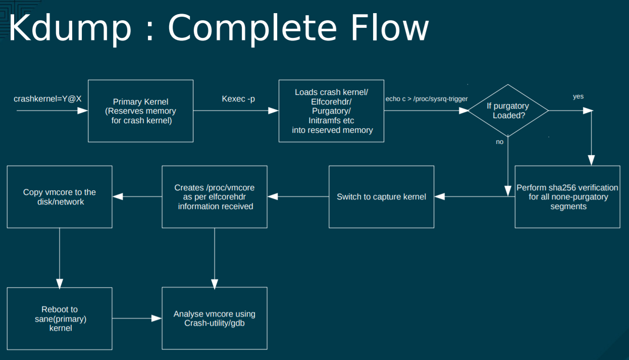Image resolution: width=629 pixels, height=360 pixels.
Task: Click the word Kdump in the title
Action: click(x=70, y=28)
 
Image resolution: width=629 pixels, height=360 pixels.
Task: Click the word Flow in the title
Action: click(x=390, y=28)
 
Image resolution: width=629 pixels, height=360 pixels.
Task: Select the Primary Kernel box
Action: click(x=141, y=111)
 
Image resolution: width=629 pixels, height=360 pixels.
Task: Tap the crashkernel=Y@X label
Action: click(x=47, y=99)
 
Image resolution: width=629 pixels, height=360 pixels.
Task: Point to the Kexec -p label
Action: click(x=238, y=99)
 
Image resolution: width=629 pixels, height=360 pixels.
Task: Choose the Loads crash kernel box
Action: click(x=331, y=111)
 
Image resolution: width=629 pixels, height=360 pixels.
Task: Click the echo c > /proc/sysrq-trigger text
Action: click(x=427, y=99)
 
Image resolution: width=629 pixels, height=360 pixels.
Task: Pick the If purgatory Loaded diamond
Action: click(x=508, y=111)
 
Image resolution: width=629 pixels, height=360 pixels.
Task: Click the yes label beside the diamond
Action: click(x=578, y=96)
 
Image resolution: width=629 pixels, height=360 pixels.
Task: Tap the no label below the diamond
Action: click(x=500, y=142)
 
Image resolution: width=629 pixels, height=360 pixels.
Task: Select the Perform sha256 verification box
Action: click(x=567, y=197)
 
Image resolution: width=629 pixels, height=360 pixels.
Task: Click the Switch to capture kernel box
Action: click(x=381, y=197)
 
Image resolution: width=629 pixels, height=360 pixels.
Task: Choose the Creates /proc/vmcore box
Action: click(x=215, y=197)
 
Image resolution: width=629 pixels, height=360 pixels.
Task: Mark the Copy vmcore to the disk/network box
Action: click(x=60, y=197)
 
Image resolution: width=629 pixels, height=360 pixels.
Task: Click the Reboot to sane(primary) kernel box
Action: click(x=60, y=319)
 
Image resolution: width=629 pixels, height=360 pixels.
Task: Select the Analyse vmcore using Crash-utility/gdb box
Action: click(x=215, y=318)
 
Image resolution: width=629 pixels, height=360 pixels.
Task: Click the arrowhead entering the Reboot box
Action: click(x=60, y=284)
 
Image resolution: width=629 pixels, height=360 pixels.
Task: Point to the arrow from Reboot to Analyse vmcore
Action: click(x=137, y=319)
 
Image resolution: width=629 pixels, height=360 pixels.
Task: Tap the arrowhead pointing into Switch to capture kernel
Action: click(x=440, y=196)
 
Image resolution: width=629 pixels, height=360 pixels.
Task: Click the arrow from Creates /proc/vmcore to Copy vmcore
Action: click(x=137, y=196)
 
